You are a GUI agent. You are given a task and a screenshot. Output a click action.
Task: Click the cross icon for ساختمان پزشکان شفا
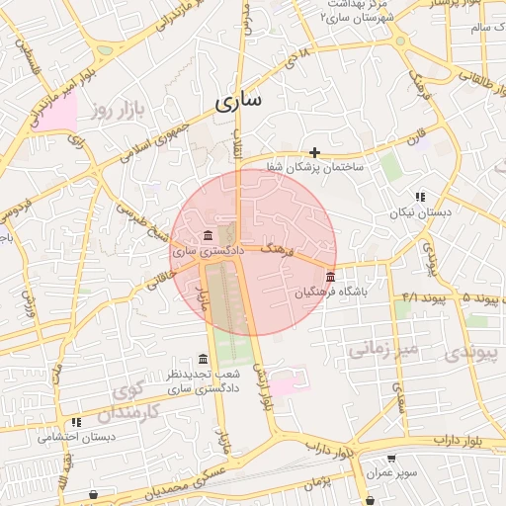click(x=314, y=152)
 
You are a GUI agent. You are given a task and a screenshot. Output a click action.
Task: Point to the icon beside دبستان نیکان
click(x=420, y=198)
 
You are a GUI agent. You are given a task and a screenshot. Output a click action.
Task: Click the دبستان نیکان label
click(x=420, y=212)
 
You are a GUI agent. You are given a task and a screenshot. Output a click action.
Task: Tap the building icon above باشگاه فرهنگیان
click(x=330, y=277)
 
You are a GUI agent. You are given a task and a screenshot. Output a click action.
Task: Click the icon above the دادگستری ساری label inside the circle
click(x=207, y=235)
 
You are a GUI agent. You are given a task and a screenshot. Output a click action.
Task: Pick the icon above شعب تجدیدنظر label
click(x=203, y=359)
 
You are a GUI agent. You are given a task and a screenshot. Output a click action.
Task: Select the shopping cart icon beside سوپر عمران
click(x=392, y=459)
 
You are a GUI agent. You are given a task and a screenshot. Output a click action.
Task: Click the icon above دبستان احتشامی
click(x=76, y=422)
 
